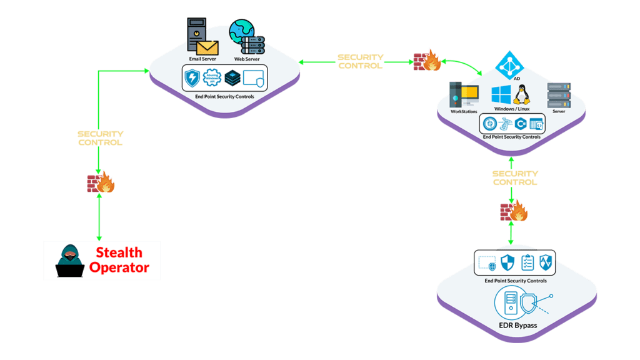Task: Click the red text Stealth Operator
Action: pos(119,260)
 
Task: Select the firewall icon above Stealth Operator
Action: pos(101,183)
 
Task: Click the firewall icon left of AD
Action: pos(427,61)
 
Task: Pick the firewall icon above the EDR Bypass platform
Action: pos(513,212)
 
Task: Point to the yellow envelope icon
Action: pos(207,47)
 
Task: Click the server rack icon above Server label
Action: pos(559,95)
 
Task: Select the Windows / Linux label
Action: pos(512,109)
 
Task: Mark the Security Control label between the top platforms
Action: pos(360,61)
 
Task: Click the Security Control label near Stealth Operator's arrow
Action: pos(100,138)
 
